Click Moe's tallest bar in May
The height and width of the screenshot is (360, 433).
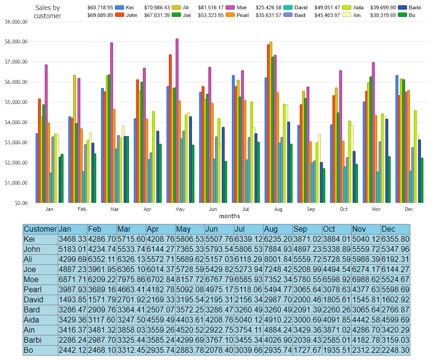click(177, 120)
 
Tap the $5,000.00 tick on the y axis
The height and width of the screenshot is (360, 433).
click(17, 102)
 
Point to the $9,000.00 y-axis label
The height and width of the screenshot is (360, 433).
click(17, 22)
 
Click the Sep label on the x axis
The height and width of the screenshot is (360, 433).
click(311, 210)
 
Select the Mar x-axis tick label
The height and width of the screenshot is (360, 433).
click(115, 210)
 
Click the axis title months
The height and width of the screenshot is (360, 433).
click(229, 216)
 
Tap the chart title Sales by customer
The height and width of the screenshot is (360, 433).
click(48, 12)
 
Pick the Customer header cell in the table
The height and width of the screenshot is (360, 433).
click(40, 229)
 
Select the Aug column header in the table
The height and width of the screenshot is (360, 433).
click(277, 229)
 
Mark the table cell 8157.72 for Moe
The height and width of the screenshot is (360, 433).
click(190, 279)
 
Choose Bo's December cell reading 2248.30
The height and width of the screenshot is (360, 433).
click(395, 350)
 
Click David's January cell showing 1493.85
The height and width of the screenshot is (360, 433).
click(72, 299)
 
